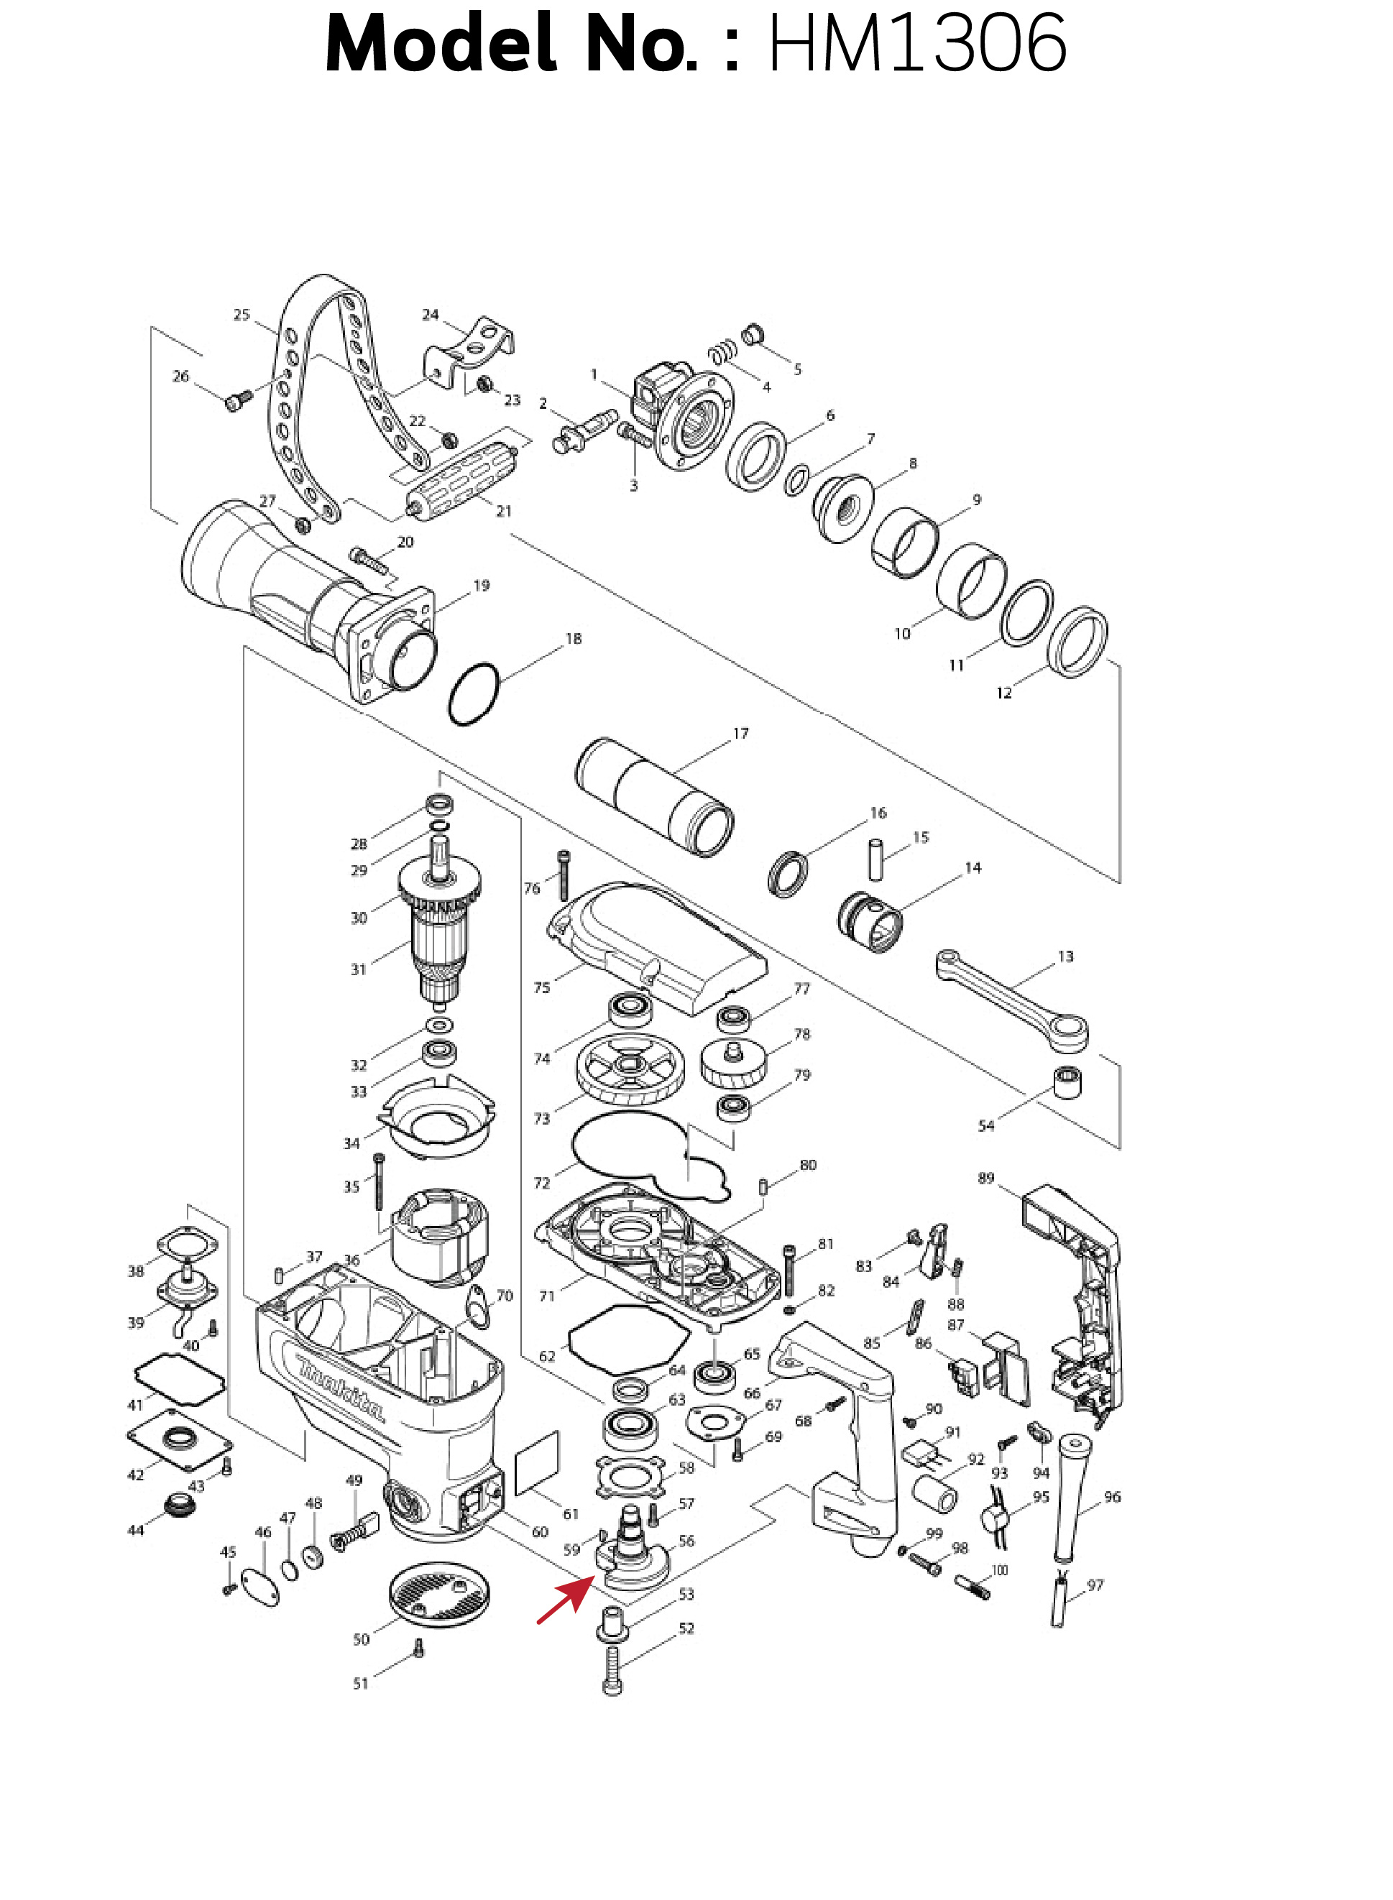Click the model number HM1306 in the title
point(917,44)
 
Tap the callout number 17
point(740,734)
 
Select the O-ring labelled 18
point(474,693)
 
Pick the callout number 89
point(985,1179)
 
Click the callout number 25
point(242,315)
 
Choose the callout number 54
point(985,1125)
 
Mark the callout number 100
point(999,1570)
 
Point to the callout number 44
point(136,1530)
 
